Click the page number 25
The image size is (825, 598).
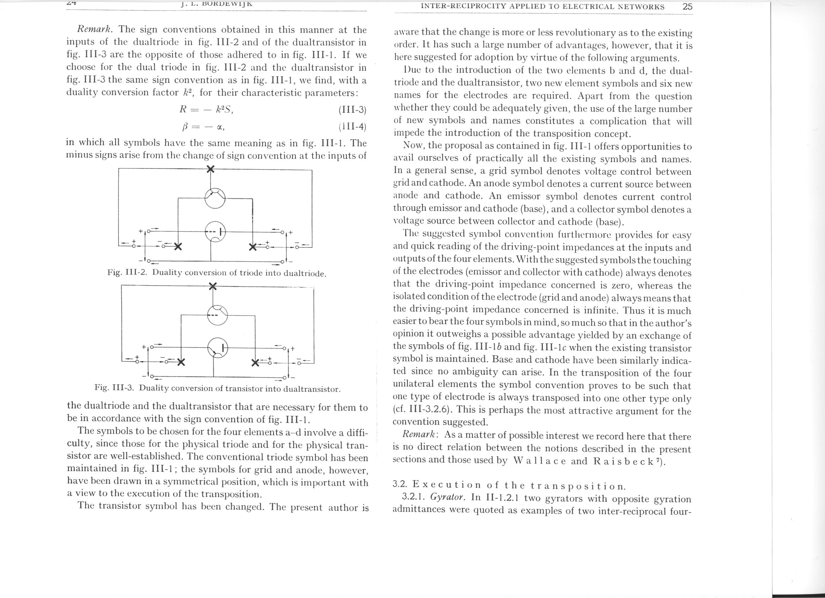click(x=687, y=7)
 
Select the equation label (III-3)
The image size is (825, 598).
click(x=352, y=110)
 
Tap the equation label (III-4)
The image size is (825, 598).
click(x=352, y=127)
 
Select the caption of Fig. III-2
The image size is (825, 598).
click(x=217, y=273)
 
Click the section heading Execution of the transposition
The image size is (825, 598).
click(x=509, y=486)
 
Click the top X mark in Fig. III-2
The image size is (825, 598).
click(x=210, y=169)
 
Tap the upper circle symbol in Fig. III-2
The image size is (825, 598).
click(x=215, y=199)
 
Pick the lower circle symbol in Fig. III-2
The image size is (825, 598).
click(x=216, y=232)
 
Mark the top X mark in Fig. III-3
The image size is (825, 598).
click(x=213, y=286)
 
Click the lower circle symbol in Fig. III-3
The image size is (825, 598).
click(x=218, y=348)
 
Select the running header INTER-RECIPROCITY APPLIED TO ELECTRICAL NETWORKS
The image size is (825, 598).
click(x=542, y=7)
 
